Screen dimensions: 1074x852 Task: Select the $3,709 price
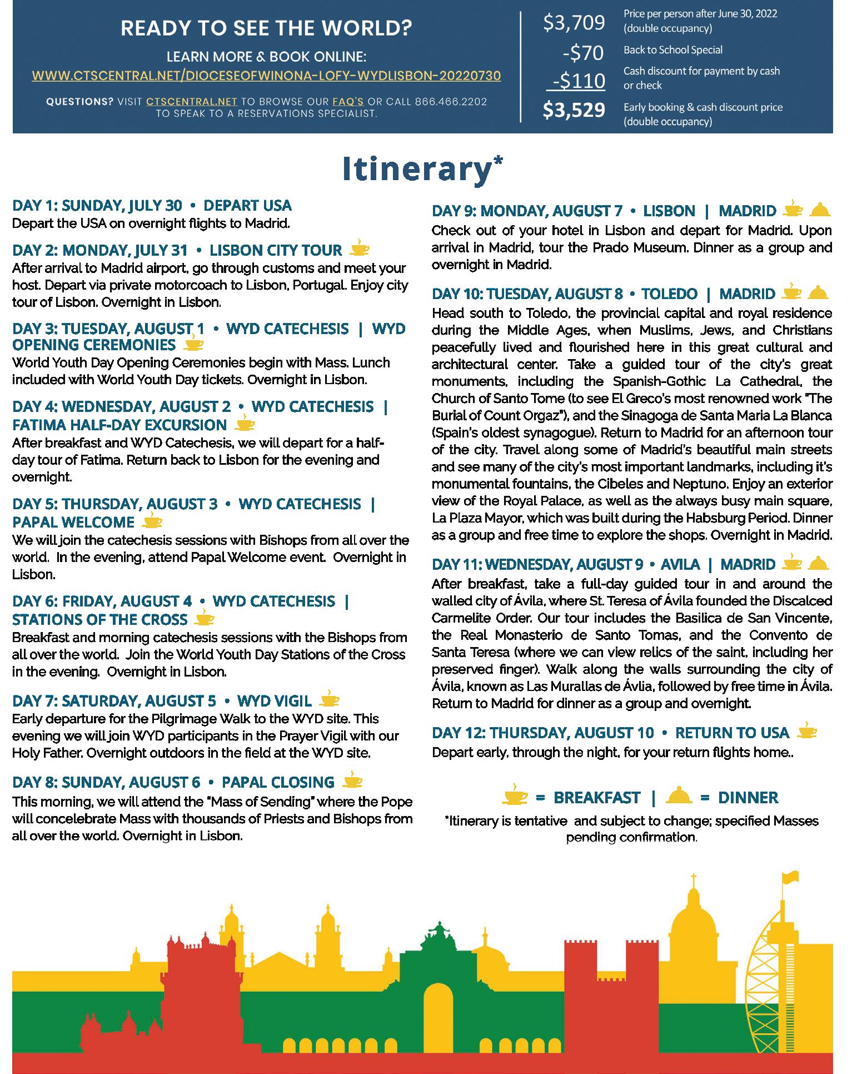574,23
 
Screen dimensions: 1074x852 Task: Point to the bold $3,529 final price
574,110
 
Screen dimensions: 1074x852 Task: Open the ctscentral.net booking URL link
266,76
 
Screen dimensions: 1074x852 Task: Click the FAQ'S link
348,102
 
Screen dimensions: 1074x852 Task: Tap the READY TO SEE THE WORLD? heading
266,29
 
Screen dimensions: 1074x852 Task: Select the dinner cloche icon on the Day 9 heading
820,210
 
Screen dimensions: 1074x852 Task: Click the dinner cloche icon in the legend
678,796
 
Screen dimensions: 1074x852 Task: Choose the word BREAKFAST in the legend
596,798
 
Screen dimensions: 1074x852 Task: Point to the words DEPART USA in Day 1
247,206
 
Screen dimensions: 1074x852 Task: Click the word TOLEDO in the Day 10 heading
669,294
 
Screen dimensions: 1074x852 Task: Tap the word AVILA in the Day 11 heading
680,565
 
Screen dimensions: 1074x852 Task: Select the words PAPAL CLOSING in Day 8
278,782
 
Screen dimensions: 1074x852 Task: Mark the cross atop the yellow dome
693,881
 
